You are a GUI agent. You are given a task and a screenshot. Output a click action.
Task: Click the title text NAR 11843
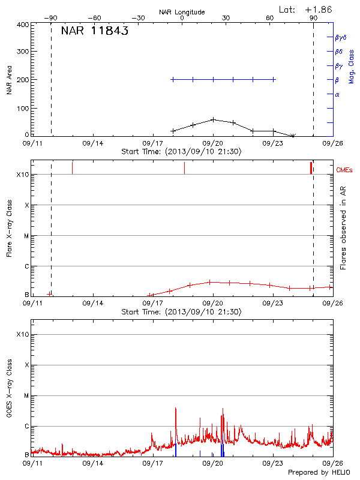pyautogui.click(x=95, y=31)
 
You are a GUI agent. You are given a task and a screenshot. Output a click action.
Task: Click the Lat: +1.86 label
pyautogui.click(x=306, y=9)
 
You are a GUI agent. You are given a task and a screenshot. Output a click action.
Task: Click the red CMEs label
pyautogui.click(x=345, y=170)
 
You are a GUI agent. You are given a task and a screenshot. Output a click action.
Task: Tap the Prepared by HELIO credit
pyautogui.click(x=318, y=472)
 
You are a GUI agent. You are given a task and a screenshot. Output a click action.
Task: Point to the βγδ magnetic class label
pyautogui.click(x=340, y=37)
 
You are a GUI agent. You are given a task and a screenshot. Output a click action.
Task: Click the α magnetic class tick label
pyautogui.click(x=337, y=94)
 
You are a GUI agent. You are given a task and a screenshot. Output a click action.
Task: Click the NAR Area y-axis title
pyautogui.click(x=9, y=80)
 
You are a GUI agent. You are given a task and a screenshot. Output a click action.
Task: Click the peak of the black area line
pyautogui.click(x=213, y=119)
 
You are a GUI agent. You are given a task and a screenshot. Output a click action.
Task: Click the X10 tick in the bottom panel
pyautogui.click(x=22, y=334)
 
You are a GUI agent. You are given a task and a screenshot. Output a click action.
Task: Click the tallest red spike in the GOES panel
pyautogui.click(x=175, y=409)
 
